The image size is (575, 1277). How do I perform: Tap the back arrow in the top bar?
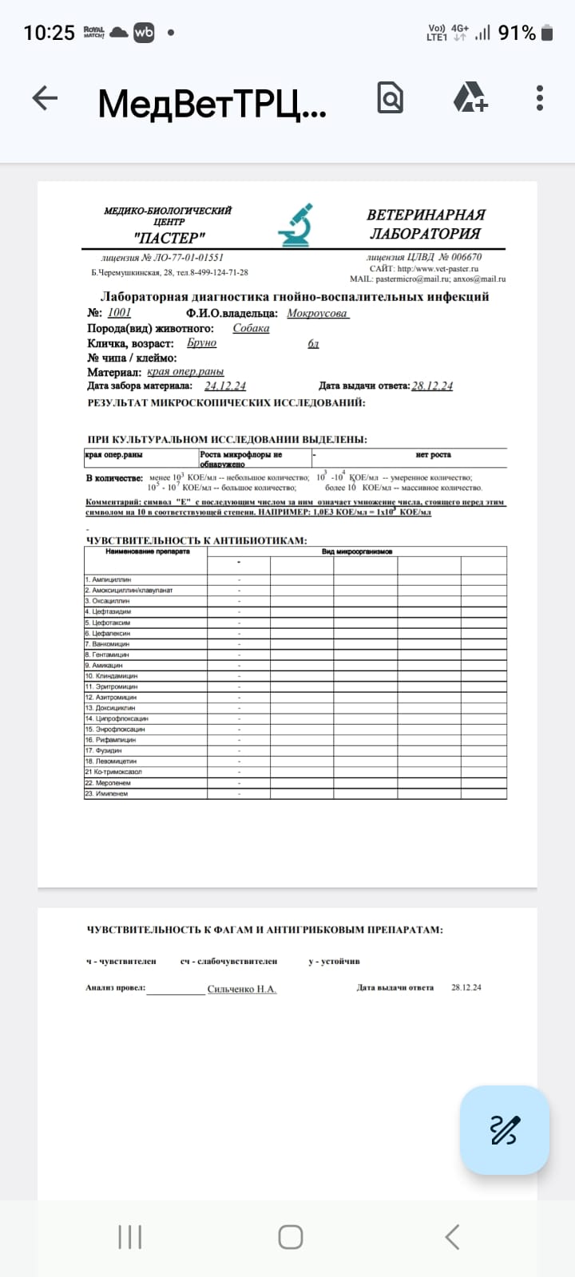[x=45, y=99]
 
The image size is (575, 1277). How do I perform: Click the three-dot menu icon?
[x=540, y=99]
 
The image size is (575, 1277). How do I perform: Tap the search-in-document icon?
[x=390, y=99]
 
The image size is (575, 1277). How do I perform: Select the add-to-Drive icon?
[x=470, y=99]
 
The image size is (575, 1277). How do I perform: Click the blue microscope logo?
[x=295, y=225]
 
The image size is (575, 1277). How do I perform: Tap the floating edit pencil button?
[x=505, y=1129]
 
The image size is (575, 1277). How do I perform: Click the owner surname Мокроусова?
[x=317, y=313]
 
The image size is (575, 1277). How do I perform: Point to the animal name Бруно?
[x=201, y=342]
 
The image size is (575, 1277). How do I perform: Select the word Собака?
[x=251, y=328]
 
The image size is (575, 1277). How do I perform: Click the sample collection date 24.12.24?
[x=224, y=386]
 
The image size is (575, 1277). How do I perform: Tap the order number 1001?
[x=119, y=313]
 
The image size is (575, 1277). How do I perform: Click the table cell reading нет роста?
[x=433, y=455]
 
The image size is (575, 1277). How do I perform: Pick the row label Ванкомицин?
[x=110, y=643]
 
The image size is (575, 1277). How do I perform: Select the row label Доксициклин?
[x=115, y=708]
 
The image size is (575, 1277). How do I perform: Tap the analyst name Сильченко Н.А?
[x=242, y=989]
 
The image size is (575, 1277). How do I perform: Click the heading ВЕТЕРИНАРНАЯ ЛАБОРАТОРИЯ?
[x=426, y=224]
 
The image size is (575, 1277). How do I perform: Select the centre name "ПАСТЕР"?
[x=169, y=237]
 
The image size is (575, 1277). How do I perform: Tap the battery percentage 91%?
[x=517, y=33]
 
